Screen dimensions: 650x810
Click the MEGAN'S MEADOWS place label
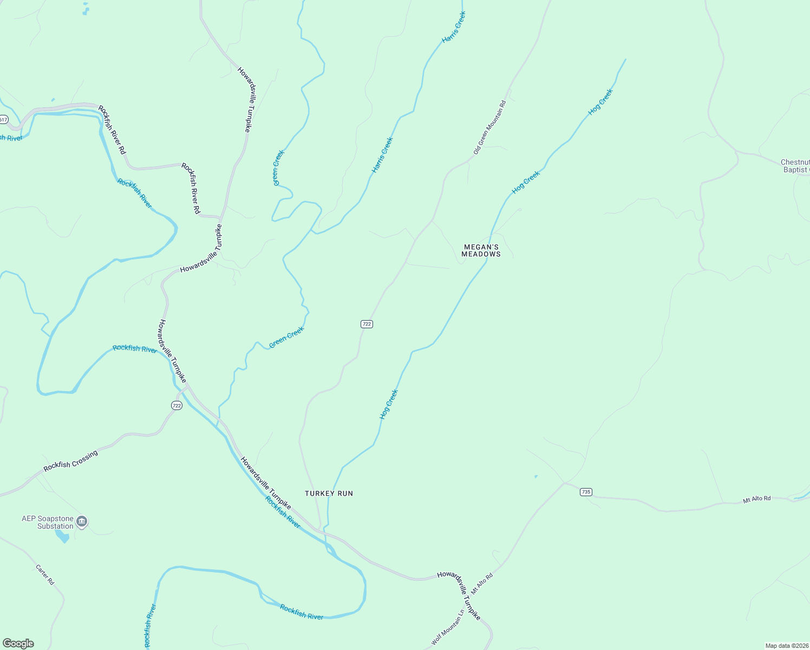481,250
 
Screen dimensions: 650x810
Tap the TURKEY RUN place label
329,493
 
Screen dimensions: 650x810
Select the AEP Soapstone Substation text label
48,522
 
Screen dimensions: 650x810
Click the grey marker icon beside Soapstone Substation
82,522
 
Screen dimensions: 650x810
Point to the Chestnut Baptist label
795,166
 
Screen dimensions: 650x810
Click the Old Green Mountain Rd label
489,127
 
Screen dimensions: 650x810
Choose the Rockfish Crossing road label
71,460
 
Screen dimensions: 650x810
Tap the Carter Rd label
45,575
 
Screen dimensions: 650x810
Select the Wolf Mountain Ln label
448,628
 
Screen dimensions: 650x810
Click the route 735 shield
586,492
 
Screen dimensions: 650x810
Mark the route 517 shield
3,119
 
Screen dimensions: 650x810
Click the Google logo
18,643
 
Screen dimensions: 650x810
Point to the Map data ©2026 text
786,646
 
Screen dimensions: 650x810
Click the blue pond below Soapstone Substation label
62,536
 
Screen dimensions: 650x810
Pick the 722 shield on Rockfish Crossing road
177,405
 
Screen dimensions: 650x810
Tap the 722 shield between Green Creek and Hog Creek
367,324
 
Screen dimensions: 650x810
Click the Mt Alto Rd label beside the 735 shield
756,499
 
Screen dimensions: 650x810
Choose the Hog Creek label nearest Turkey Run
389,404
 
